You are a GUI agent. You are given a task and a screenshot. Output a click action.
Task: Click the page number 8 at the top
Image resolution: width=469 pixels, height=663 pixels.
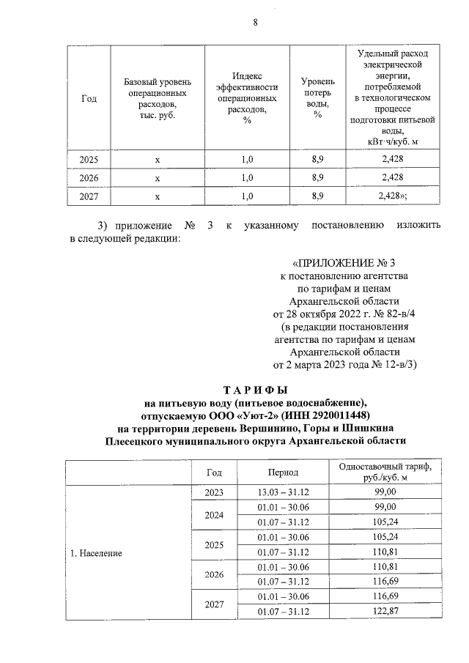(x=256, y=22)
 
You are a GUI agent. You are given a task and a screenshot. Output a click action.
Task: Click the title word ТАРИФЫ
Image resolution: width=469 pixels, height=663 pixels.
(x=254, y=390)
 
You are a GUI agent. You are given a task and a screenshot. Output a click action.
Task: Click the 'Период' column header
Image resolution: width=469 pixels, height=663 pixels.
(x=283, y=473)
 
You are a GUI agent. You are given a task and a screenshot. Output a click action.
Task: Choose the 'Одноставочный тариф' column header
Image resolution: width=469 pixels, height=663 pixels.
(x=385, y=473)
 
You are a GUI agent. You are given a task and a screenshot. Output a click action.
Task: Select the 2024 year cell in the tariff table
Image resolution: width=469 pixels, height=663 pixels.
(x=214, y=514)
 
